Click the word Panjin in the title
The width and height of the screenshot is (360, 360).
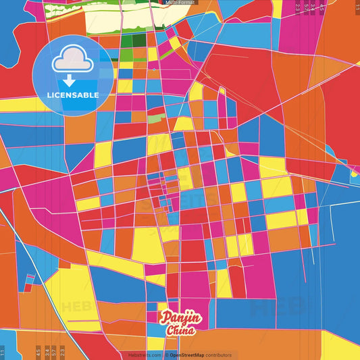180,317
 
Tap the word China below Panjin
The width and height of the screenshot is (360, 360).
180,330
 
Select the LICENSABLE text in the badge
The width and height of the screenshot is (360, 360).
73,95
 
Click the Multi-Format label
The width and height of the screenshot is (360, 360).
180,3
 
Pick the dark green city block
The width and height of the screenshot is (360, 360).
140,40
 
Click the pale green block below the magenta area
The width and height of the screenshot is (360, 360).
155,119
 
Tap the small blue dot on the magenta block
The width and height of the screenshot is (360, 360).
154,69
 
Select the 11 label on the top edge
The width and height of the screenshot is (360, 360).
357,7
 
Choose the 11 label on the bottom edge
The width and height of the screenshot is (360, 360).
3,353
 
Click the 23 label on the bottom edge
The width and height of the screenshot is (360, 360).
62,352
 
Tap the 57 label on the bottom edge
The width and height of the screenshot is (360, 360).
54,352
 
